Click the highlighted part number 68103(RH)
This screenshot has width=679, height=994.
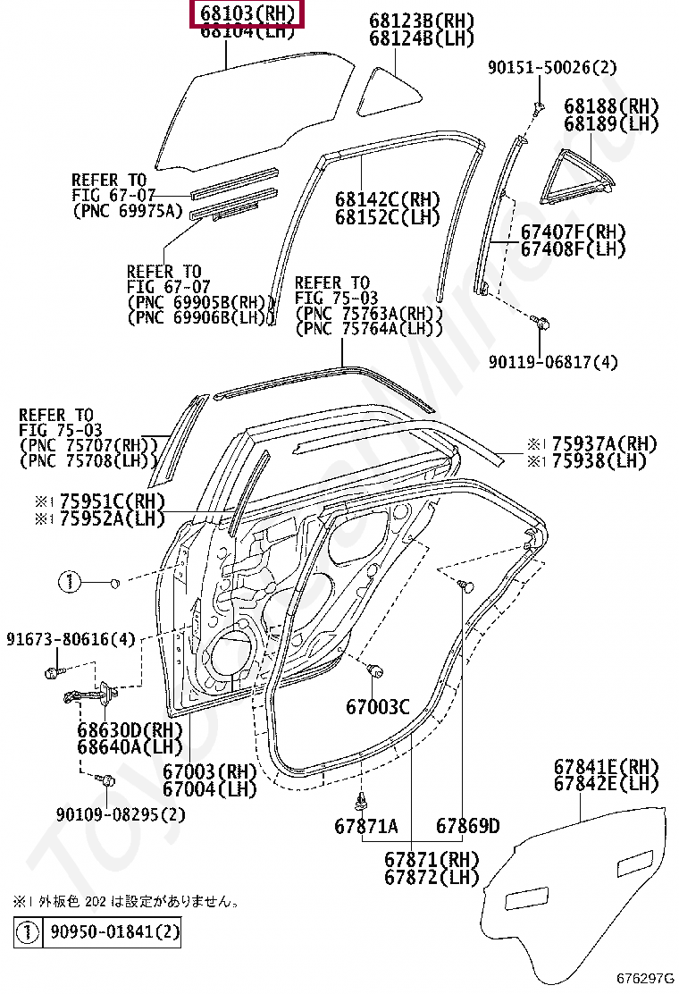(x=243, y=14)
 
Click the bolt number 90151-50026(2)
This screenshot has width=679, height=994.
(x=552, y=68)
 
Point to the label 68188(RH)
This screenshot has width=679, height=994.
(x=610, y=106)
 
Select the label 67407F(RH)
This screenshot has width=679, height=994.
(x=573, y=232)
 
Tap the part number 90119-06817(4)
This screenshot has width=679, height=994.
(x=553, y=362)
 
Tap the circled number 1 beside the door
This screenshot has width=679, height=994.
(x=71, y=583)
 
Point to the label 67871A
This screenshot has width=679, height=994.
(x=366, y=827)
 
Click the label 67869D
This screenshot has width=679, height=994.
(x=467, y=827)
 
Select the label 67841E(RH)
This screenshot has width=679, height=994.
(x=606, y=767)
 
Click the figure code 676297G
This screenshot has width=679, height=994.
(x=645, y=979)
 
